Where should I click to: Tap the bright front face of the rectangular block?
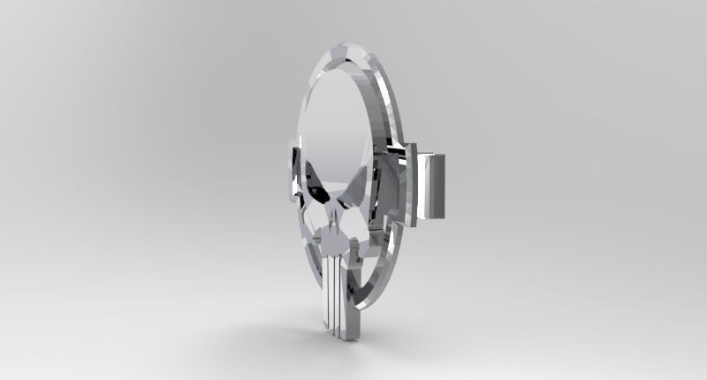[436, 185]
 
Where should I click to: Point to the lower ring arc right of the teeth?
[371, 283]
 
